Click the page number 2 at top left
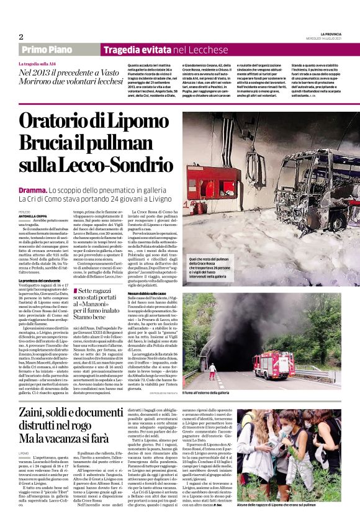pyautogui.click(x=20, y=37)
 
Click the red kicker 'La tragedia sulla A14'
pyautogui.click(x=40, y=63)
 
